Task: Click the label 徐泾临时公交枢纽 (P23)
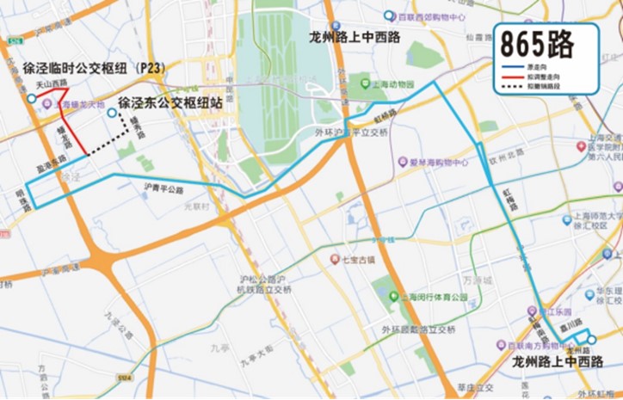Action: (x=94, y=67)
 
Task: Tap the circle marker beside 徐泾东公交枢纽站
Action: (x=111, y=113)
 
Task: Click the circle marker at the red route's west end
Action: (x=32, y=99)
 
